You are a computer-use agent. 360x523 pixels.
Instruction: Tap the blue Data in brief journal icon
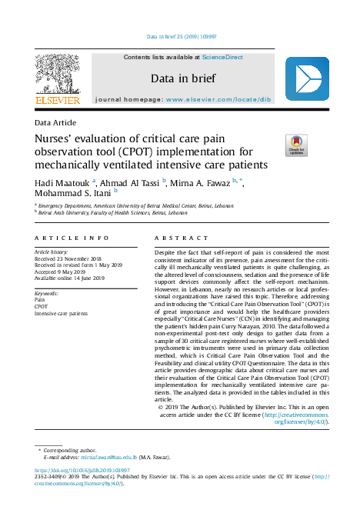(307, 79)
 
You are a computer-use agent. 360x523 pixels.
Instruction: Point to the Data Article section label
(57, 123)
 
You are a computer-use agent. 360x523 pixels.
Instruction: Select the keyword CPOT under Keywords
(41, 306)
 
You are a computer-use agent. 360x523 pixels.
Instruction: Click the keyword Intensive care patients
(62, 313)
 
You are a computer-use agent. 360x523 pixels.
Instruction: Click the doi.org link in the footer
(82, 469)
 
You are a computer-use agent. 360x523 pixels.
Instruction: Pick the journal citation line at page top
(180, 36)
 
